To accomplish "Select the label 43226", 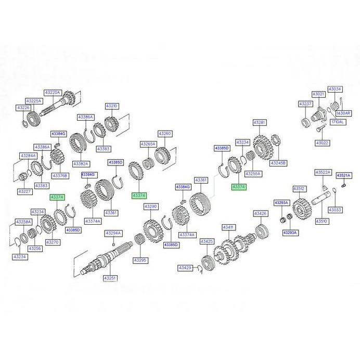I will pyautogui.click(x=23, y=108).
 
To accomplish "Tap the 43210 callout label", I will pyautogui.click(x=112, y=106).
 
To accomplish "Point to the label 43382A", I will pyautogui.click(x=80, y=163).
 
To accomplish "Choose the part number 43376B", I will pyautogui.click(x=60, y=175).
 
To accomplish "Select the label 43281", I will pyautogui.click(x=260, y=122).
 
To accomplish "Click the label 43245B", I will pyautogui.click(x=279, y=163).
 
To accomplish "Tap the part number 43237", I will pyautogui.click(x=305, y=104).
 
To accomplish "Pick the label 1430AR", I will pyautogui.click(x=344, y=113).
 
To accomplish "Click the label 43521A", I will pyautogui.click(x=344, y=176).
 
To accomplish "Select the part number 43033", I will pyautogui.click(x=336, y=210).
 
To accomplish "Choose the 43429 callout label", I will pyautogui.click(x=185, y=267).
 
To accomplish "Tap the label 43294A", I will pyautogui.click(x=113, y=233).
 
